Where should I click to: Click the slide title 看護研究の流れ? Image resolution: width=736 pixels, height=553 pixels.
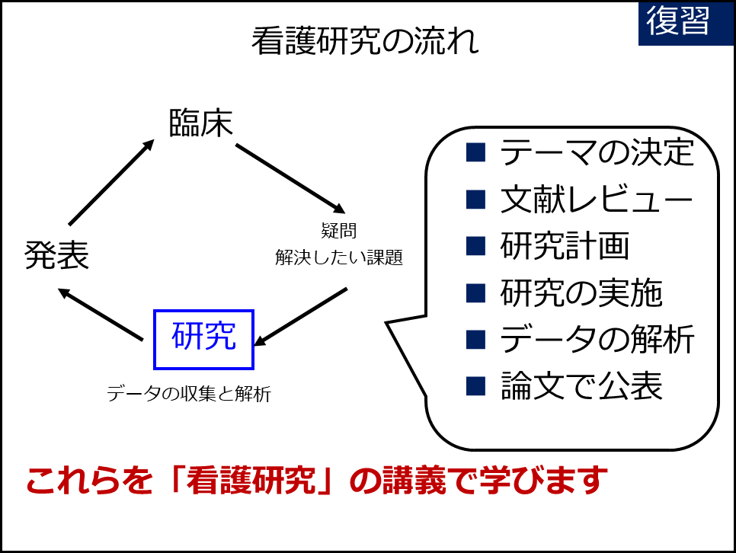click(x=365, y=41)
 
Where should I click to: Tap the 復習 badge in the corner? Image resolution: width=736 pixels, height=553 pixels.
click(x=686, y=24)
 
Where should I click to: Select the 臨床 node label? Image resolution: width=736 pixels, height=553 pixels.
click(x=201, y=123)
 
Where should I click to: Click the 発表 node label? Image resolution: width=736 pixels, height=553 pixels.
click(x=57, y=255)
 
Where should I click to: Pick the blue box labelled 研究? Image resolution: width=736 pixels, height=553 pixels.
click(x=203, y=340)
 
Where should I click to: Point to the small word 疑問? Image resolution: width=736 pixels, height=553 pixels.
click(x=339, y=231)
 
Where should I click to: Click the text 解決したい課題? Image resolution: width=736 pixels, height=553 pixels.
click(x=339, y=257)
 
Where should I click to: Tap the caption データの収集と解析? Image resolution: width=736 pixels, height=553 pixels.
click(x=189, y=393)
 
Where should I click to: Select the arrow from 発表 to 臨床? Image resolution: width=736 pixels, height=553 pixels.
click(x=112, y=182)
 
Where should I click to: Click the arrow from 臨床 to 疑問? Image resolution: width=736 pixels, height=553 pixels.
click(x=290, y=179)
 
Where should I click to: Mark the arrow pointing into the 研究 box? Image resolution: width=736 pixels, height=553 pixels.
click(x=300, y=317)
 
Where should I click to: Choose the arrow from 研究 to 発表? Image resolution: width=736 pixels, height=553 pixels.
click(x=101, y=314)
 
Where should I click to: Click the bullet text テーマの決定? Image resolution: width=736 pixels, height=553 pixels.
click(x=597, y=152)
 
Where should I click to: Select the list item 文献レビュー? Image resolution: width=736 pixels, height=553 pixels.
click(x=597, y=199)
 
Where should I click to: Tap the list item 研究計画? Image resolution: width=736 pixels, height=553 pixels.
click(x=565, y=245)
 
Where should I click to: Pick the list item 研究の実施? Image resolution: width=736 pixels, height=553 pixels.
click(x=581, y=292)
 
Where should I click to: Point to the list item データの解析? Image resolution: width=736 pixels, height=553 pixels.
click(x=597, y=339)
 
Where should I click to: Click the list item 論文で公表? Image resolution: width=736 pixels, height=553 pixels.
click(x=581, y=385)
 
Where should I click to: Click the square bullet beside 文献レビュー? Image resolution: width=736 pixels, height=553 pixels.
click(x=475, y=200)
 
